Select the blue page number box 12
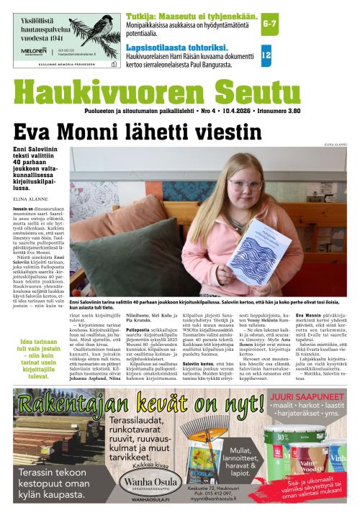coord(266,55)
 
